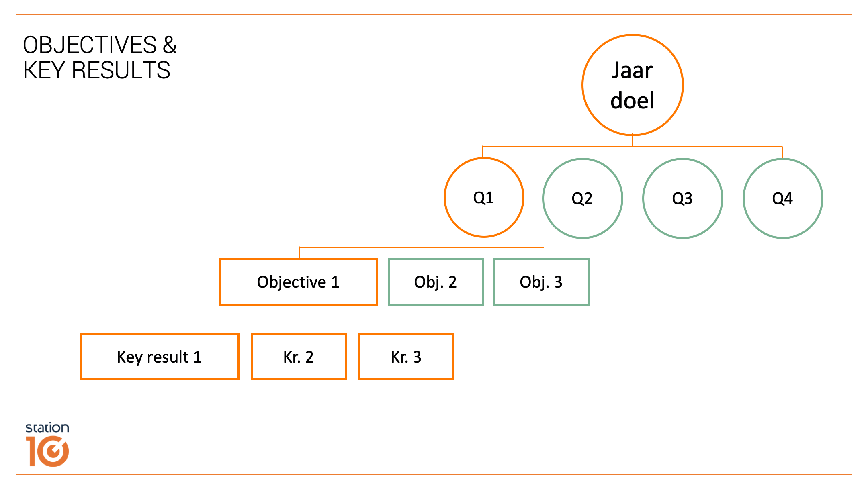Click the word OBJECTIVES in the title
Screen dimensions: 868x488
(90, 45)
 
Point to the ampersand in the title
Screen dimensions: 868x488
(170, 45)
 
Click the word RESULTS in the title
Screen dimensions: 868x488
(121, 70)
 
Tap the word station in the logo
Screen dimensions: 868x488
(47, 428)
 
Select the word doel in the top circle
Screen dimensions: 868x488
(632, 100)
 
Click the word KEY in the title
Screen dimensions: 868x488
(44, 70)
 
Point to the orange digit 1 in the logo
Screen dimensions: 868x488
(32, 451)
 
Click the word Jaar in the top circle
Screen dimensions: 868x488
(632, 71)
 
